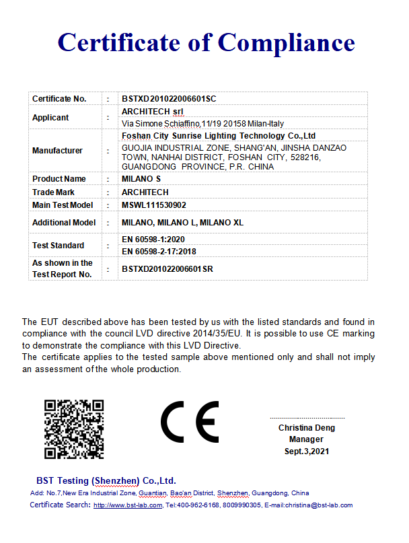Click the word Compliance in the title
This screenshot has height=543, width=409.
click(x=286, y=42)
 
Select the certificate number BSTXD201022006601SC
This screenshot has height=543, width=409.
click(x=169, y=99)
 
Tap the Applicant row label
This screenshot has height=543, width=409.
click(x=50, y=118)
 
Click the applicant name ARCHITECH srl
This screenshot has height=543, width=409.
click(x=152, y=111)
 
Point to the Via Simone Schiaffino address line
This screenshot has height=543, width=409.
click(x=202, y=124)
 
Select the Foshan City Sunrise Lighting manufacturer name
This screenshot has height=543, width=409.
click(x=219, y=136)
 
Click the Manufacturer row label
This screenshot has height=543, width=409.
click(x=57, y=151)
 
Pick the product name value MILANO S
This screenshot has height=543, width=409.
click(x=141, y=179)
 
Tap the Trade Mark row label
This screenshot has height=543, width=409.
click(x=54, y=192)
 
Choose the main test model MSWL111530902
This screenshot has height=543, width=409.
click(x=154, y=205)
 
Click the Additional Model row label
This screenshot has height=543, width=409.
click(x=64, y=223)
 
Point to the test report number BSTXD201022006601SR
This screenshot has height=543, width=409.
click(x=168, y=268)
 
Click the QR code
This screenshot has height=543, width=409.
click(x=74, y=429)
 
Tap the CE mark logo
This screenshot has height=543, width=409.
click(x=190, y=422)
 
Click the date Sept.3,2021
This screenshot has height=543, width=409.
click(x=306, y=451)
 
